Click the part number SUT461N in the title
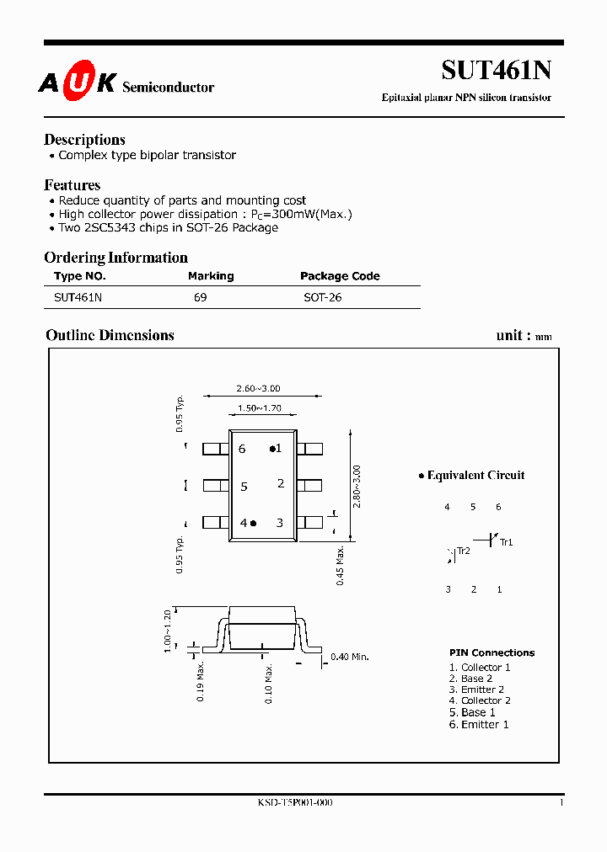[497, 71]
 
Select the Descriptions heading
[84, 140]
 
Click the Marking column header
[211, 276]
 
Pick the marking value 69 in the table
[200, 297]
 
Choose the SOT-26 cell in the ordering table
[323, 297]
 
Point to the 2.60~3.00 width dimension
[258, 389]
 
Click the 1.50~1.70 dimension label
[259, 408]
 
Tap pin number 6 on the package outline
[242, 449]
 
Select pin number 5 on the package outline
[244, 487]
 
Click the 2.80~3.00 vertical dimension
[357, 486]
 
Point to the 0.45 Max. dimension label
[341, 566]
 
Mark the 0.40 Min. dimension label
[350, 657]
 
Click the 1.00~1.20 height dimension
[168, 628]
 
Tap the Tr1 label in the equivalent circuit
[507, 542]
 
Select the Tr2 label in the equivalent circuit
[463, 551]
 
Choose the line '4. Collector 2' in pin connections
[480, 700]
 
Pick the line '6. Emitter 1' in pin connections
[479, 724]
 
